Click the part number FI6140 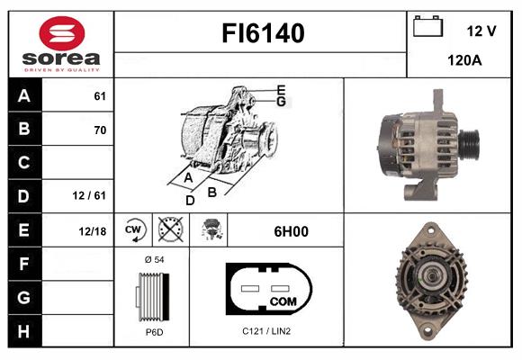click(x=263, y=33)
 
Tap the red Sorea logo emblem click(x=62, y=33)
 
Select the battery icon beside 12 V click(x=427, y=26)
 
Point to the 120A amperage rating click(x=464, y=60)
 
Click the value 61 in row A click(x=100, y=96)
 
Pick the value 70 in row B click(x=100, y=130)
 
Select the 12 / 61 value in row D click(x=89, y=195)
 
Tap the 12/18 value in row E click(x=92, y=231)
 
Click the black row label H click(x=24, y=331)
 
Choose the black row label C click(x=24, y=163)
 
